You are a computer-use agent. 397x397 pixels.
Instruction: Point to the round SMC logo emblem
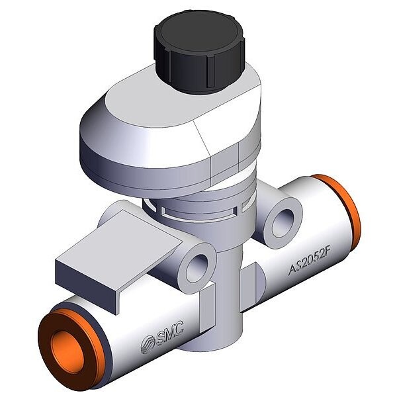tap(148, 344)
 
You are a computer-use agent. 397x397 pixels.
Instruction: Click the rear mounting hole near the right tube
tap(283, 223)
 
